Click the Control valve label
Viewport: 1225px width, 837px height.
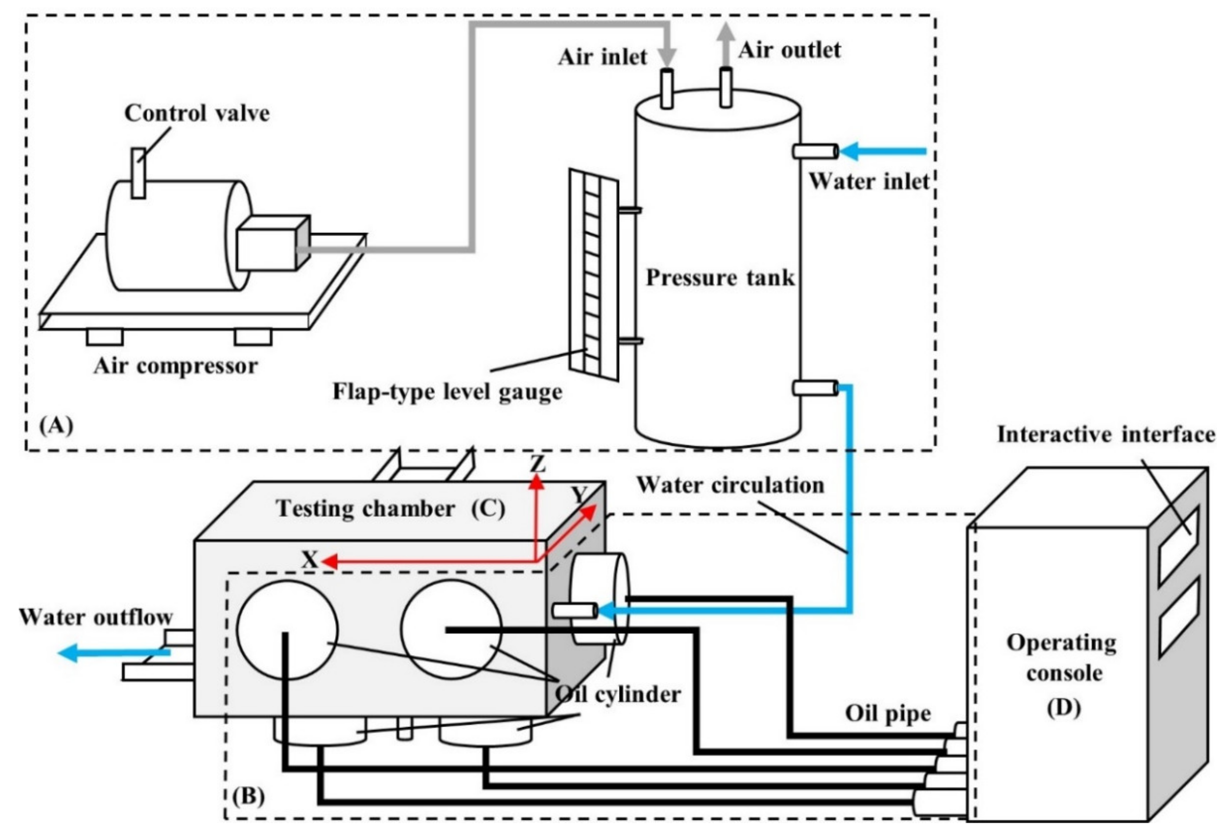196,113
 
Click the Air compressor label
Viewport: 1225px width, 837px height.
176,366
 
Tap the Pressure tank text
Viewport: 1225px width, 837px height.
720,277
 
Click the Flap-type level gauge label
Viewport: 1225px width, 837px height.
447,392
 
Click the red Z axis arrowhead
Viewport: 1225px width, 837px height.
536,481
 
